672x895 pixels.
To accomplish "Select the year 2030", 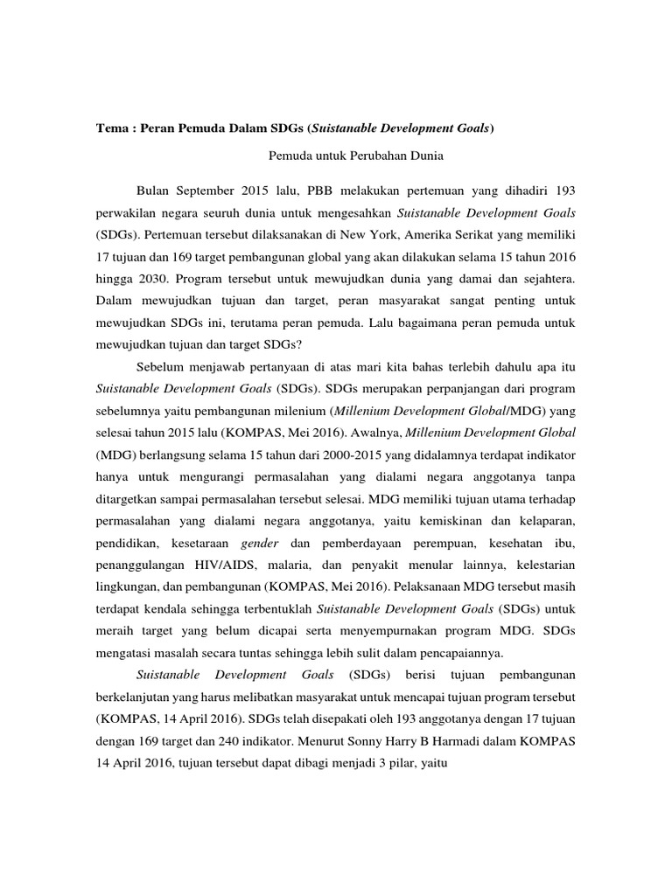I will tap(150, 281).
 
